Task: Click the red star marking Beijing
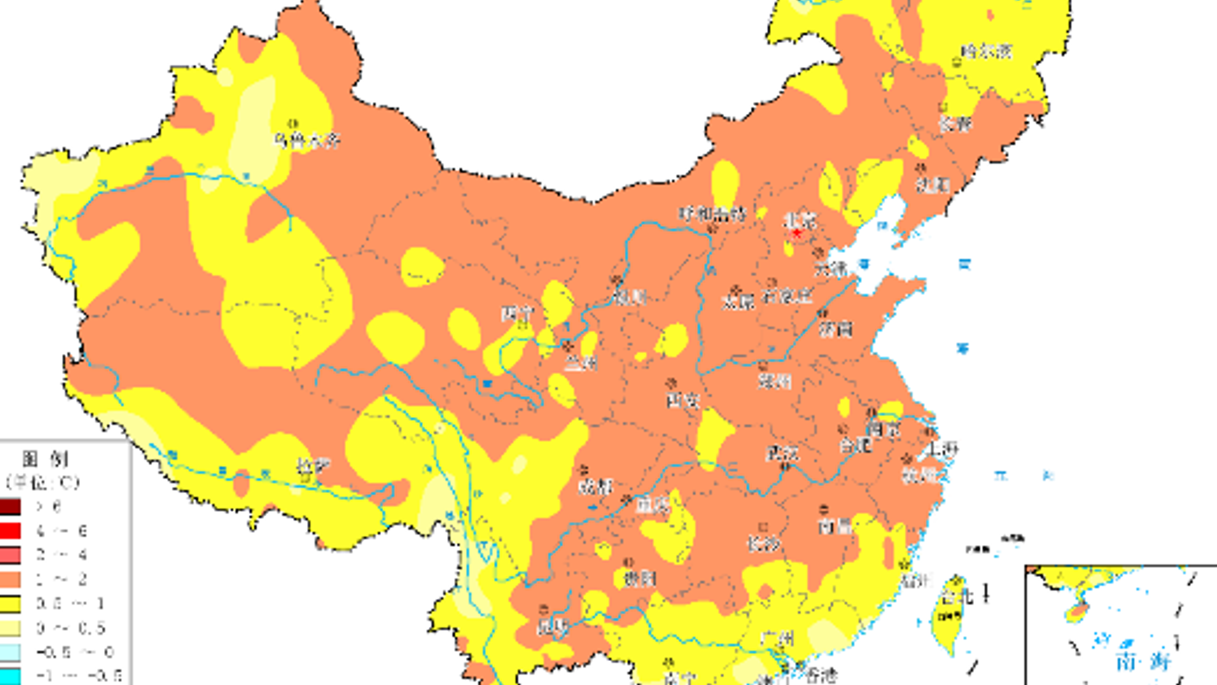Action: click(797, 233)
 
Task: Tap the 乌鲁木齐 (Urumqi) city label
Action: click(307, 140)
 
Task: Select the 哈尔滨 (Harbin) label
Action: click(986, 51)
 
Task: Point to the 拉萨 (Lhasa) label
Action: click(313, 467)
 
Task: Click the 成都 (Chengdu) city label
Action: click(596, 487)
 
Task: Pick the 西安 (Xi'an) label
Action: click(683, 401)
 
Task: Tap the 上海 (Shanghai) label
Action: click(941, 449)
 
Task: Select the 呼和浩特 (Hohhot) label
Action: click(712, 214)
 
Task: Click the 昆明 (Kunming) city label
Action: click(553, 627)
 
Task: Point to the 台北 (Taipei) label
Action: click(957, 596)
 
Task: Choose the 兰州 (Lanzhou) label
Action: click(581, 364)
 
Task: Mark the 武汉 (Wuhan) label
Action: click(782, 454)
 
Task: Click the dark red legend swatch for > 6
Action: click(10, 507)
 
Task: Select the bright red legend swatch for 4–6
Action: click(10, 531)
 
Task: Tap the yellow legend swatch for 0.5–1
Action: click(10, 604)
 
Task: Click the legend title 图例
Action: click(45, 459)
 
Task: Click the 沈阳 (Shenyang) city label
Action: click(933, 185)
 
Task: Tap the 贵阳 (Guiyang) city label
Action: click(640, 579)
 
